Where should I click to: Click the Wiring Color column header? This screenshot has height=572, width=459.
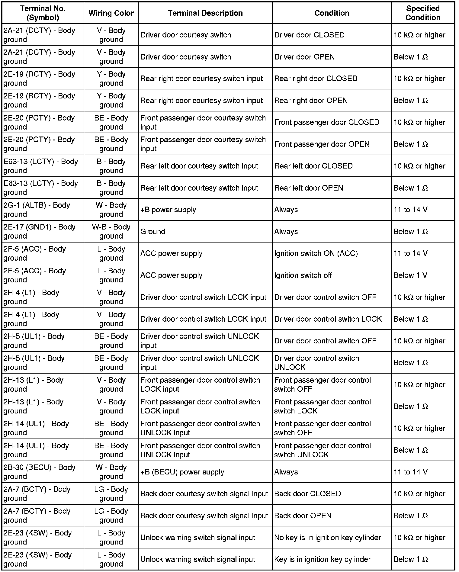point(111,13)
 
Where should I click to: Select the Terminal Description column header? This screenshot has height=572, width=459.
point(205,13)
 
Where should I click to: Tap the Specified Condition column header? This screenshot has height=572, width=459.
point(423,13)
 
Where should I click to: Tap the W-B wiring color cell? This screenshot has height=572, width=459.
point(111,231)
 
